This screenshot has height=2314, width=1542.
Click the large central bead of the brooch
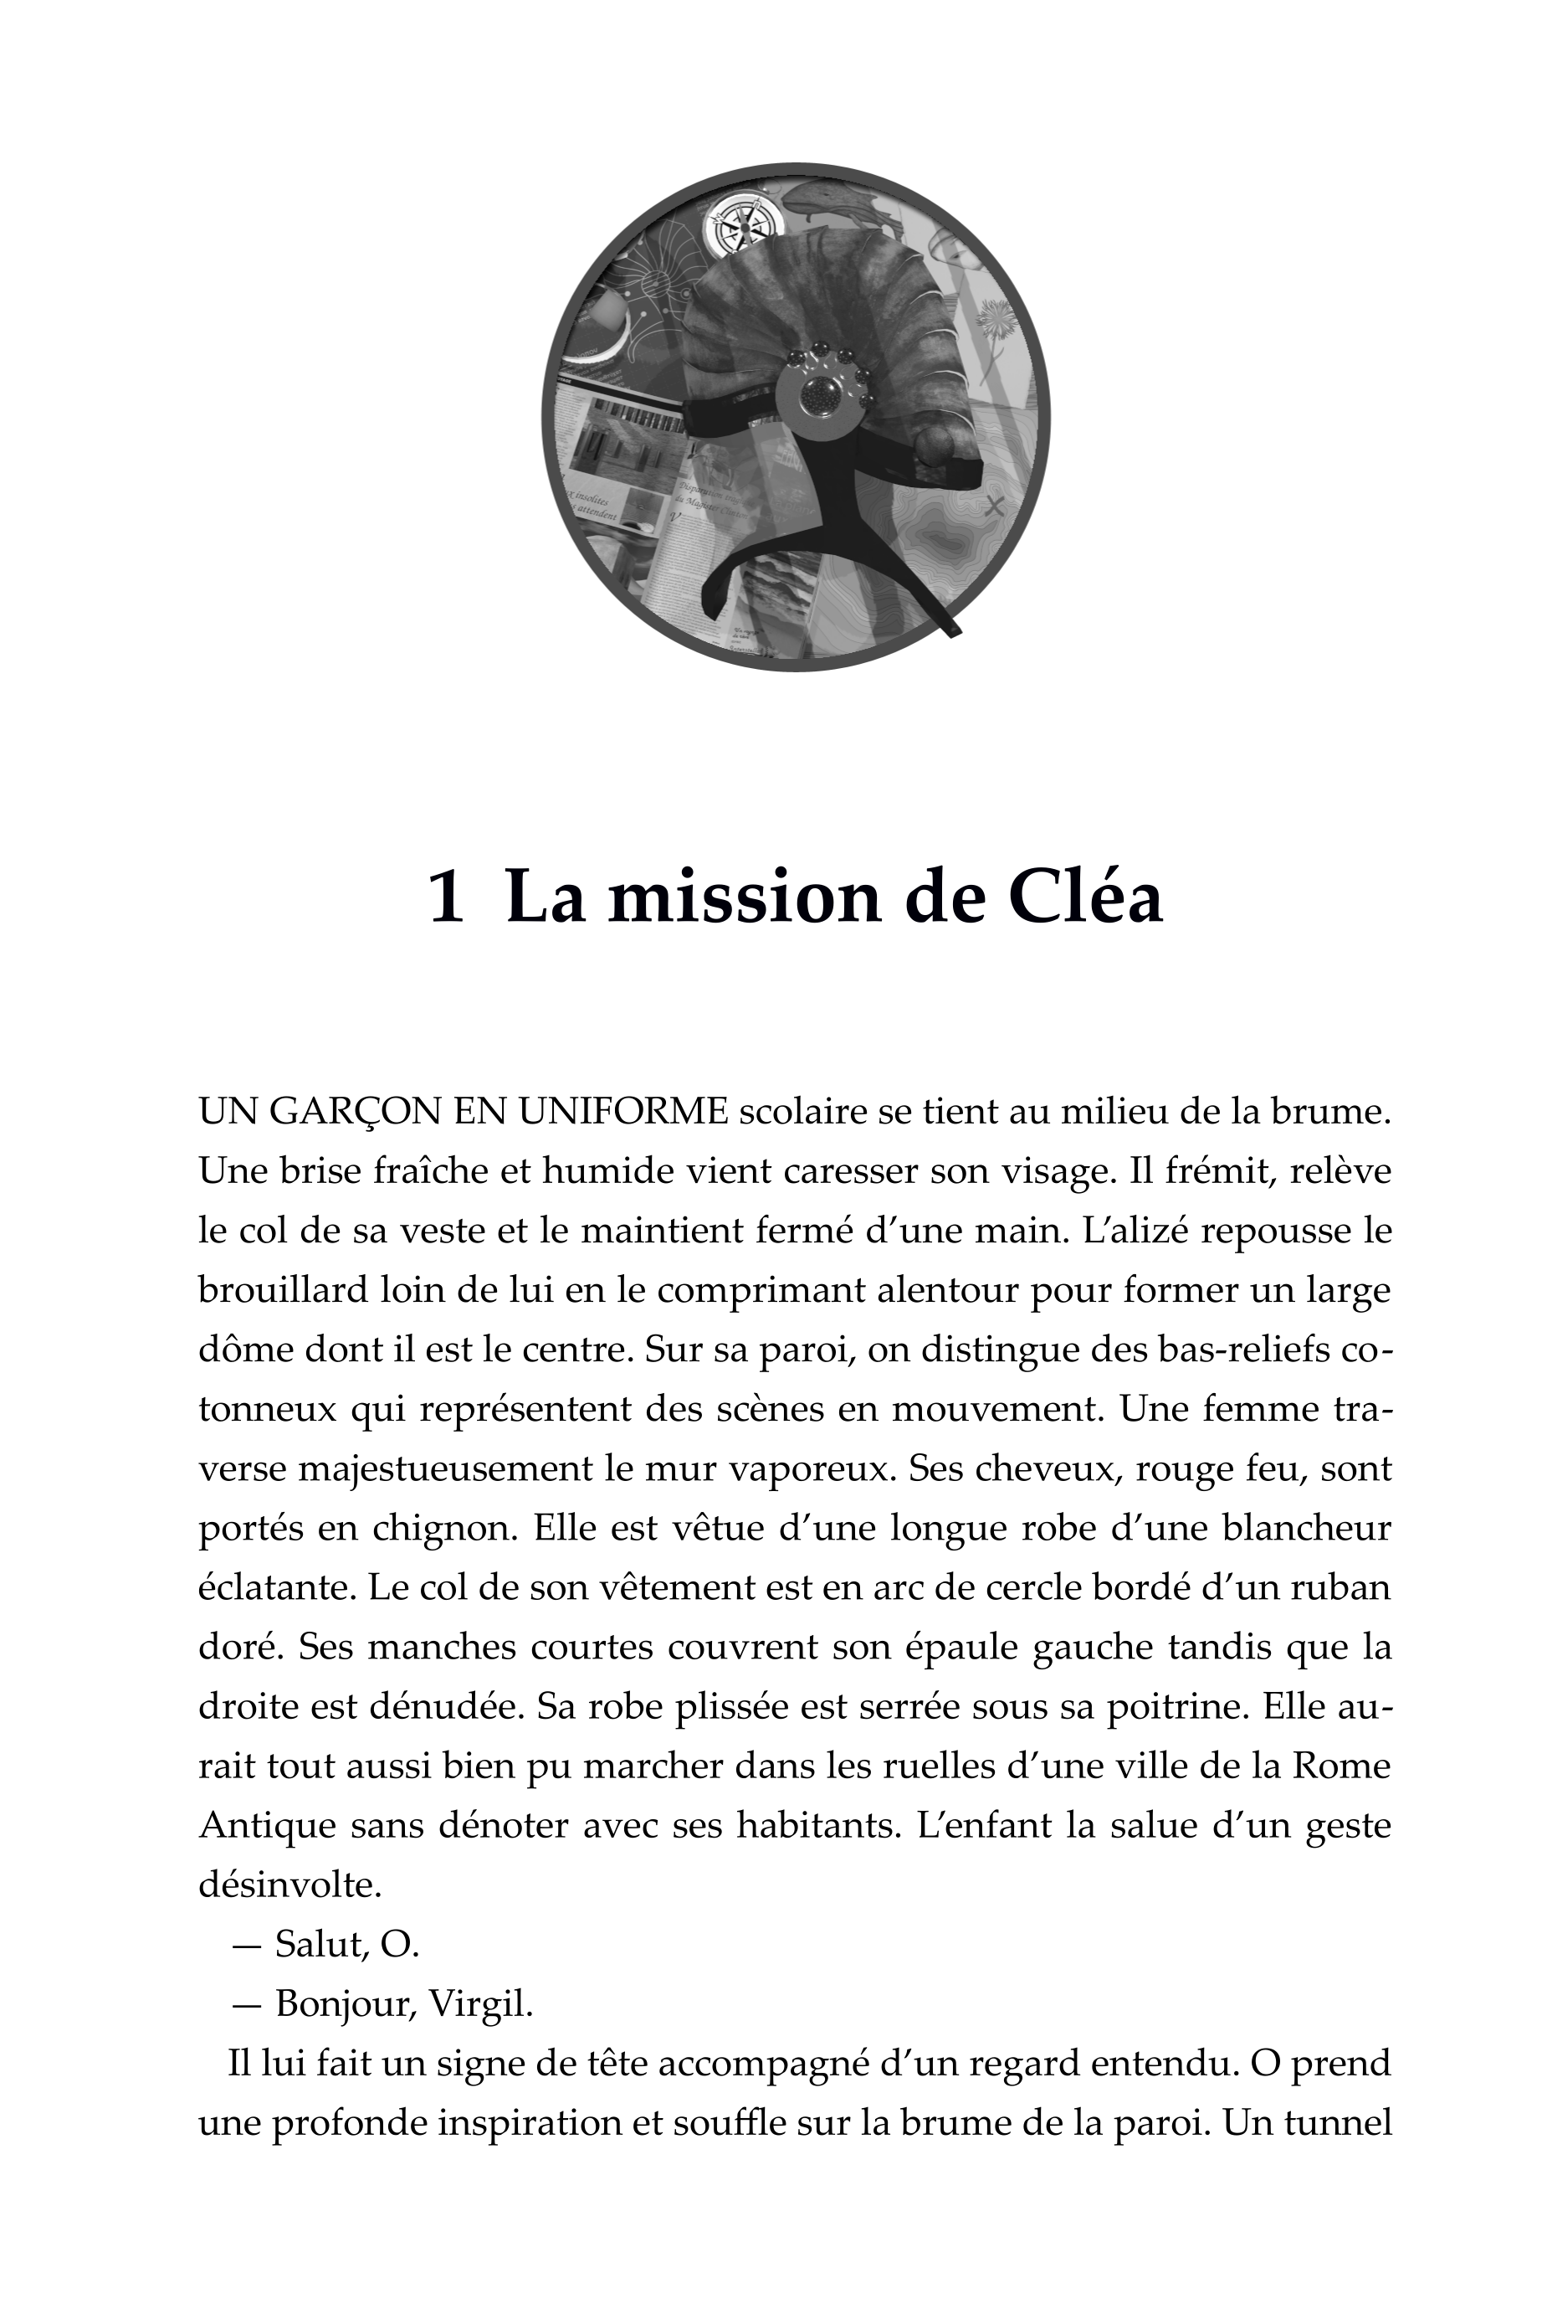(819, 395)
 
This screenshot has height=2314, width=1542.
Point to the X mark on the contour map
(994, 507)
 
